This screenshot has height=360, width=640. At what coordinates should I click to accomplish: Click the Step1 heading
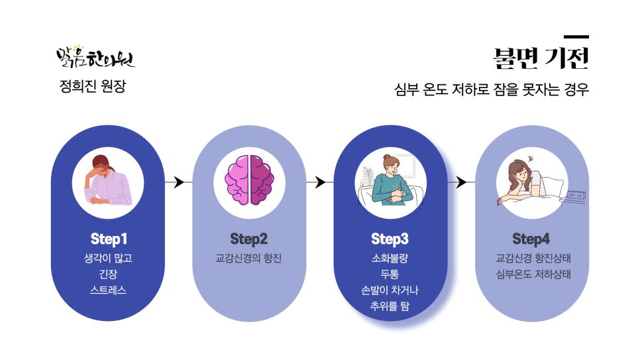pyautogui.click(x=109, y=239)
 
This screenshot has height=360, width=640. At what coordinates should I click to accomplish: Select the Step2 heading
pyautogui.click(x=249, y=239)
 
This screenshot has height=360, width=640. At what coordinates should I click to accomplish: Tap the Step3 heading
pyautogui.click(x=390, y=239)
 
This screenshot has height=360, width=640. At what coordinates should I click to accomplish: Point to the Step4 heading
pyautogui.click(x=531, y=239)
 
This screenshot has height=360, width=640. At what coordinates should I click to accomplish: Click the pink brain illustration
pyautogui.click(x=249, y=180)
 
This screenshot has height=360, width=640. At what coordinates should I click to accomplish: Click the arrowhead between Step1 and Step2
pyautogui.click(x=179, y=182)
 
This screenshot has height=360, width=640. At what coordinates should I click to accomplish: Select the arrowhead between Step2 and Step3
pyautogui.click(x=321, y=182)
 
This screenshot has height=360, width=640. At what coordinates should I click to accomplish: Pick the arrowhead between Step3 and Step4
pyautogui.click(x=461, y=182)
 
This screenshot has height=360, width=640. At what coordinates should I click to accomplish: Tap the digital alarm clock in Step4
pyautogui.click(x=576, y=196)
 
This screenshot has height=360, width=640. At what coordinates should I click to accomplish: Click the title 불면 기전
pyautogui.click(x=541, y=58)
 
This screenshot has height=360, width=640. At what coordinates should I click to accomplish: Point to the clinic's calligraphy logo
pyautogui.click(x=95, y=57)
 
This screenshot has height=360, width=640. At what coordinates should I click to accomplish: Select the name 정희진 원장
pyautogui.click(x=93, y=86)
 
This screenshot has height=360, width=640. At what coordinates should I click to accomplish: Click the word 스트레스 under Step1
pyautogui.click(x=108, y=290)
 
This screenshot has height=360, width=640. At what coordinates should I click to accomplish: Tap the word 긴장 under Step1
pyautogui.click(x=108, y=274)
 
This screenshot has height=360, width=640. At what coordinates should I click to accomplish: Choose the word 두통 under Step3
pyautogui.click(x=390, y=274)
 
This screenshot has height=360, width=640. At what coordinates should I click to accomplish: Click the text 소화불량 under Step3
pyautogui.click(x=390, y=259)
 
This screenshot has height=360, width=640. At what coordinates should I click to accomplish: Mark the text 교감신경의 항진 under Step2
pyautogui.click(x=248, y=259)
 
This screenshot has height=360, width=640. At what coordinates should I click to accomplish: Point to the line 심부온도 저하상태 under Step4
pyautogui.click(x=533, y=274)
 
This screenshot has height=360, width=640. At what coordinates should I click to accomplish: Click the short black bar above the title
pyautogui.click(x=576, y=36)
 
